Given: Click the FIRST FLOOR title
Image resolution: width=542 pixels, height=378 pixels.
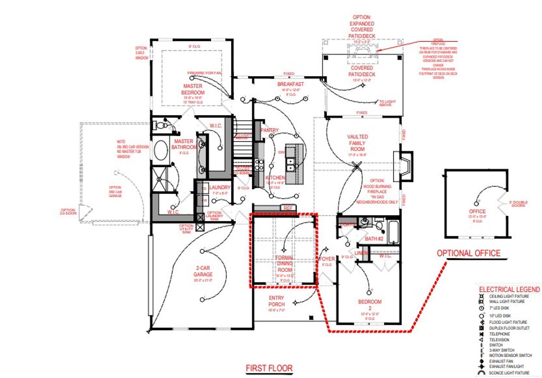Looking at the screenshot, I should tap(269, 368).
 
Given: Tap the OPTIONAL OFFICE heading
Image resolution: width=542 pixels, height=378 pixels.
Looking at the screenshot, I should tap(468, 253).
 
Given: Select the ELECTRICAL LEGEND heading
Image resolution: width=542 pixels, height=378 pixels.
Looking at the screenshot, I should tap(509, 290).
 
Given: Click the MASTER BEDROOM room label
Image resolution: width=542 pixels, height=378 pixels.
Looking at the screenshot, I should tap(193, 89).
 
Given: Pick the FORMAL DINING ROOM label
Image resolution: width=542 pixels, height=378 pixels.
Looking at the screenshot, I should tap(284, 263).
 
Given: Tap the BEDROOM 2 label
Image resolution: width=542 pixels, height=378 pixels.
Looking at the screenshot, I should tap(370, 302).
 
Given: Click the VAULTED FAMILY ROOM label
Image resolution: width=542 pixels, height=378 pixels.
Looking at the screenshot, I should tap(357, 143).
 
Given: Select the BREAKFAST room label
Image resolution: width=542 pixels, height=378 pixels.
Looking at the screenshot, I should tap(290, 84).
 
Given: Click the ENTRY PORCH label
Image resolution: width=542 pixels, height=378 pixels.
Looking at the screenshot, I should tap(277, 301).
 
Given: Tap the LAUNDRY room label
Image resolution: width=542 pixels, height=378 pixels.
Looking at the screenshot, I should tap(220, 187).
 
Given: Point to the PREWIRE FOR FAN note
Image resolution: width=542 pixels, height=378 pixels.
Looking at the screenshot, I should tap(207, 73).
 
